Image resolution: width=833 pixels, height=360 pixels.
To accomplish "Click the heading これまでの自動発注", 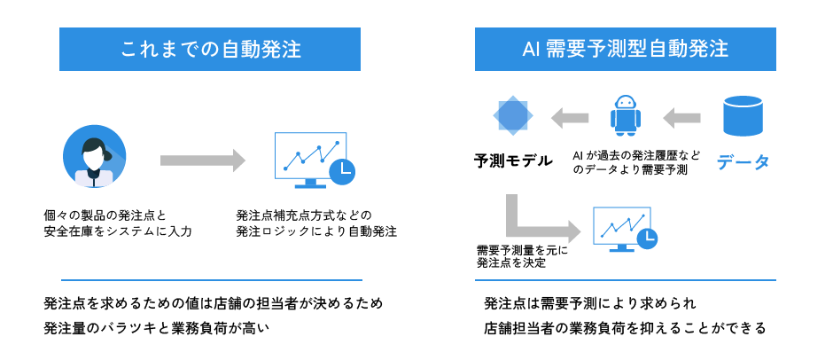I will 210,49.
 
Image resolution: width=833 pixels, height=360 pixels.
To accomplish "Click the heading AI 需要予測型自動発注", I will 625,49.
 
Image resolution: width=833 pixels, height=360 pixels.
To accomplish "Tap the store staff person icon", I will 94,157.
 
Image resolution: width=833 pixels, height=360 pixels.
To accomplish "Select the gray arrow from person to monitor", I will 202,160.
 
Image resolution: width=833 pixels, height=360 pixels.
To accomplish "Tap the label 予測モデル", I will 513,161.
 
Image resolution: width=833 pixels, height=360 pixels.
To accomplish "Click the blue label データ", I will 743,162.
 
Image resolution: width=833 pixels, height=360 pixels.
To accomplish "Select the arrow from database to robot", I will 683,116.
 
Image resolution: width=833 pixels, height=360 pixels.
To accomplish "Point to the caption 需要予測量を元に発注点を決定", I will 521,256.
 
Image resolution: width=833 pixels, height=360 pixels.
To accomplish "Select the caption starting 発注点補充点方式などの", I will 315,223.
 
